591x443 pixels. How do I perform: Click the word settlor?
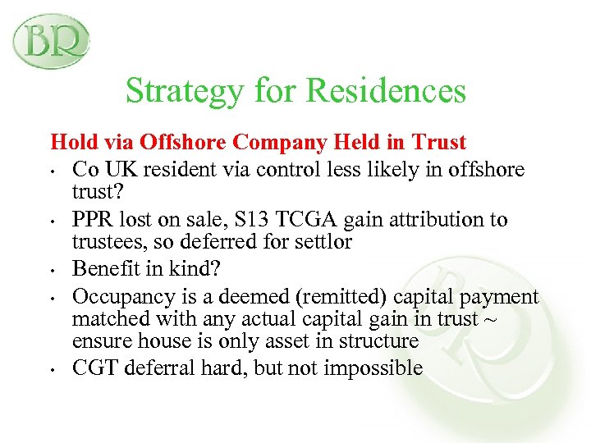328,243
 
